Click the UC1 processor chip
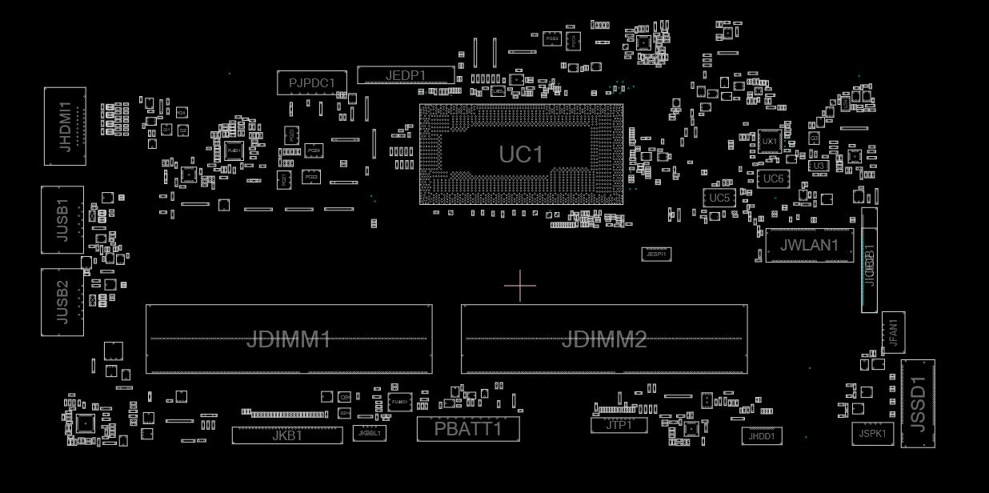coord(521,154)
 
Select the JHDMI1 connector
coord(65,126)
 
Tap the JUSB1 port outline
coord(62,220)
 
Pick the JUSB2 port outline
coord(62,302)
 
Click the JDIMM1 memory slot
coord(288,339)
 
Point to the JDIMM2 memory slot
coord(603,339)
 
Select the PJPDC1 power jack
coord(312,82)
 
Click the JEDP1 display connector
coord(406,75)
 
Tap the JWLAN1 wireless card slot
coord(809,245)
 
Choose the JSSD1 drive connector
coord(917,404)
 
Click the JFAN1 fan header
coord(894,331)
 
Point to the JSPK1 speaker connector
coord(872,433)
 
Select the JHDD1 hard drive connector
coord(761,436)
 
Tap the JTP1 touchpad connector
coord(619,425)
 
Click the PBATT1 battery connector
coord(468,429)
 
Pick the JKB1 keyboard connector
coord(287,435)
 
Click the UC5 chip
coord(719,198)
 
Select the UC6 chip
coord(773,178)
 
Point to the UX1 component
coord(769,142)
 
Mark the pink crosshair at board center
coord(520,286)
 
